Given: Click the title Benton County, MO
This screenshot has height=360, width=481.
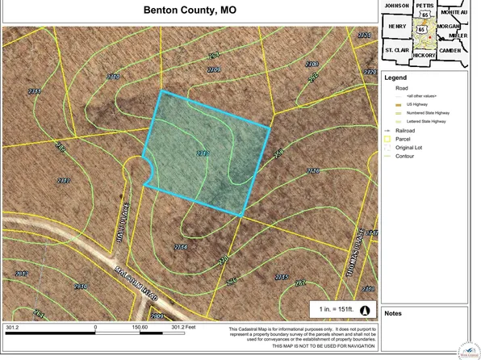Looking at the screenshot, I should pyautogui.click(x=189, y=11).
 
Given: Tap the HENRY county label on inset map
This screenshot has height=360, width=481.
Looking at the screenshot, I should pyautogui.click(x=397, y=27).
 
